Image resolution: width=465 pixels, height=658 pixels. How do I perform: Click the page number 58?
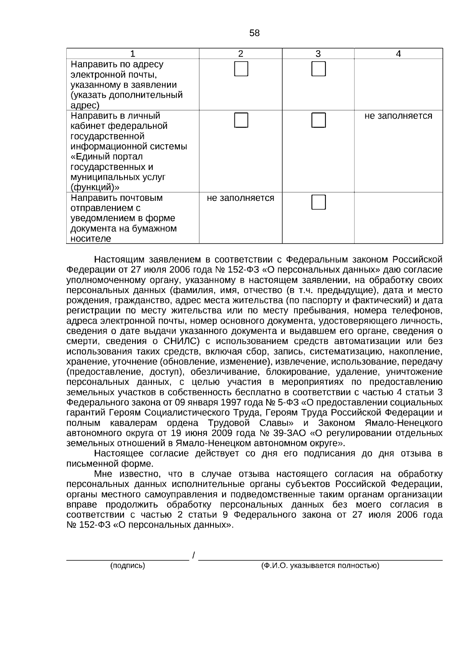tap(255, 33)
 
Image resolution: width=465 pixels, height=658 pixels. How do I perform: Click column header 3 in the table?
tap(318, 54)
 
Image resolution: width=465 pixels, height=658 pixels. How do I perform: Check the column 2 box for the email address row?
tap(241, 69)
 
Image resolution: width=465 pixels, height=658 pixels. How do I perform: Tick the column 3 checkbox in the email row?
tap(319, 69)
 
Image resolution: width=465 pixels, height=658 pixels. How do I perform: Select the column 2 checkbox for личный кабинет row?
tap(241, 120)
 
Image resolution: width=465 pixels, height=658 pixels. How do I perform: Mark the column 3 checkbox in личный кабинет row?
tap(319, 120)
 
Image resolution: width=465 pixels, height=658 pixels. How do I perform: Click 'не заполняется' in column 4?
tap(398, 116)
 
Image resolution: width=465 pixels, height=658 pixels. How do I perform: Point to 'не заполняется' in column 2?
tap(241, 198)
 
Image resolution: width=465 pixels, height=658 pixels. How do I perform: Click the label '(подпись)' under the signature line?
tap(127, 566)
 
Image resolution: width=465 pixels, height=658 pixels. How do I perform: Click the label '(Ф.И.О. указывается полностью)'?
tap(320, 566)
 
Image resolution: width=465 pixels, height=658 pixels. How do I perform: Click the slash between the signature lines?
tap(193, 556)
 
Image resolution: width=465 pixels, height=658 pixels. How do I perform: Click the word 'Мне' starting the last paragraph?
tap(103, 474)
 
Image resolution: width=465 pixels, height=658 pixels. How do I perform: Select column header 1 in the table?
tap(133, 54)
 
